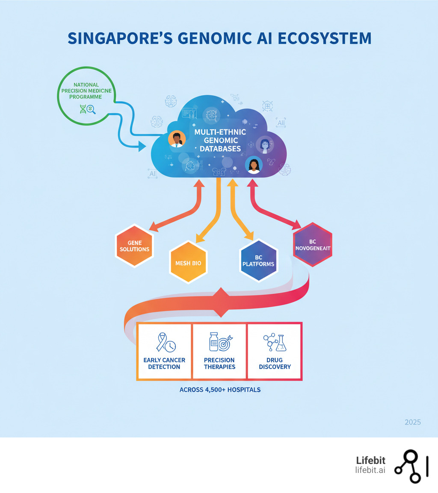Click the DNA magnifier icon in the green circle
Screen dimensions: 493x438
(x=87, y=109)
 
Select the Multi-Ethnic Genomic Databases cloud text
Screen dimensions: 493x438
(x=218, y=140)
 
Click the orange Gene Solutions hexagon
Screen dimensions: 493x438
(x=134, y=246)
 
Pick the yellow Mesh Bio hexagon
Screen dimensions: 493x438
(x=188, y=263)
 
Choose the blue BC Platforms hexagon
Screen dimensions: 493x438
(x=258, y=261)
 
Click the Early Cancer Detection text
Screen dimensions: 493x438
(x=164, y=363)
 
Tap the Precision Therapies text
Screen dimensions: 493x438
(x=219, y=363)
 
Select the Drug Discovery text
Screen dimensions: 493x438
(x=275, y=363)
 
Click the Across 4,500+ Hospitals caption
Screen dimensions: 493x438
(x=220, y=390)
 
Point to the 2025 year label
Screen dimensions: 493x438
(x=412, y=422)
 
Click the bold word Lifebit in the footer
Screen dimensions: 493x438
(x=370, y=461)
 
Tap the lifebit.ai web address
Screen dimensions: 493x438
(x=370, y=470)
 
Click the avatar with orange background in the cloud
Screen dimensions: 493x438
(x=176, y=139)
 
